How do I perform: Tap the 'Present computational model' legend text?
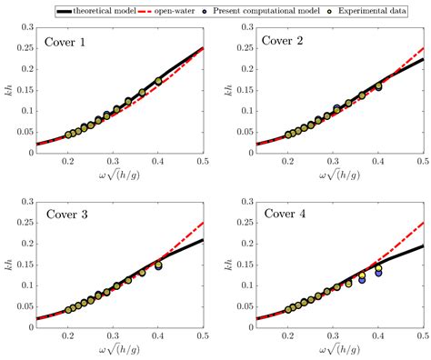276,7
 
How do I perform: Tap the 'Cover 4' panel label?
284,215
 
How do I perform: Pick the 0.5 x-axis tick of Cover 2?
422,161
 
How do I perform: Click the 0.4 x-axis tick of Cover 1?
158,161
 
